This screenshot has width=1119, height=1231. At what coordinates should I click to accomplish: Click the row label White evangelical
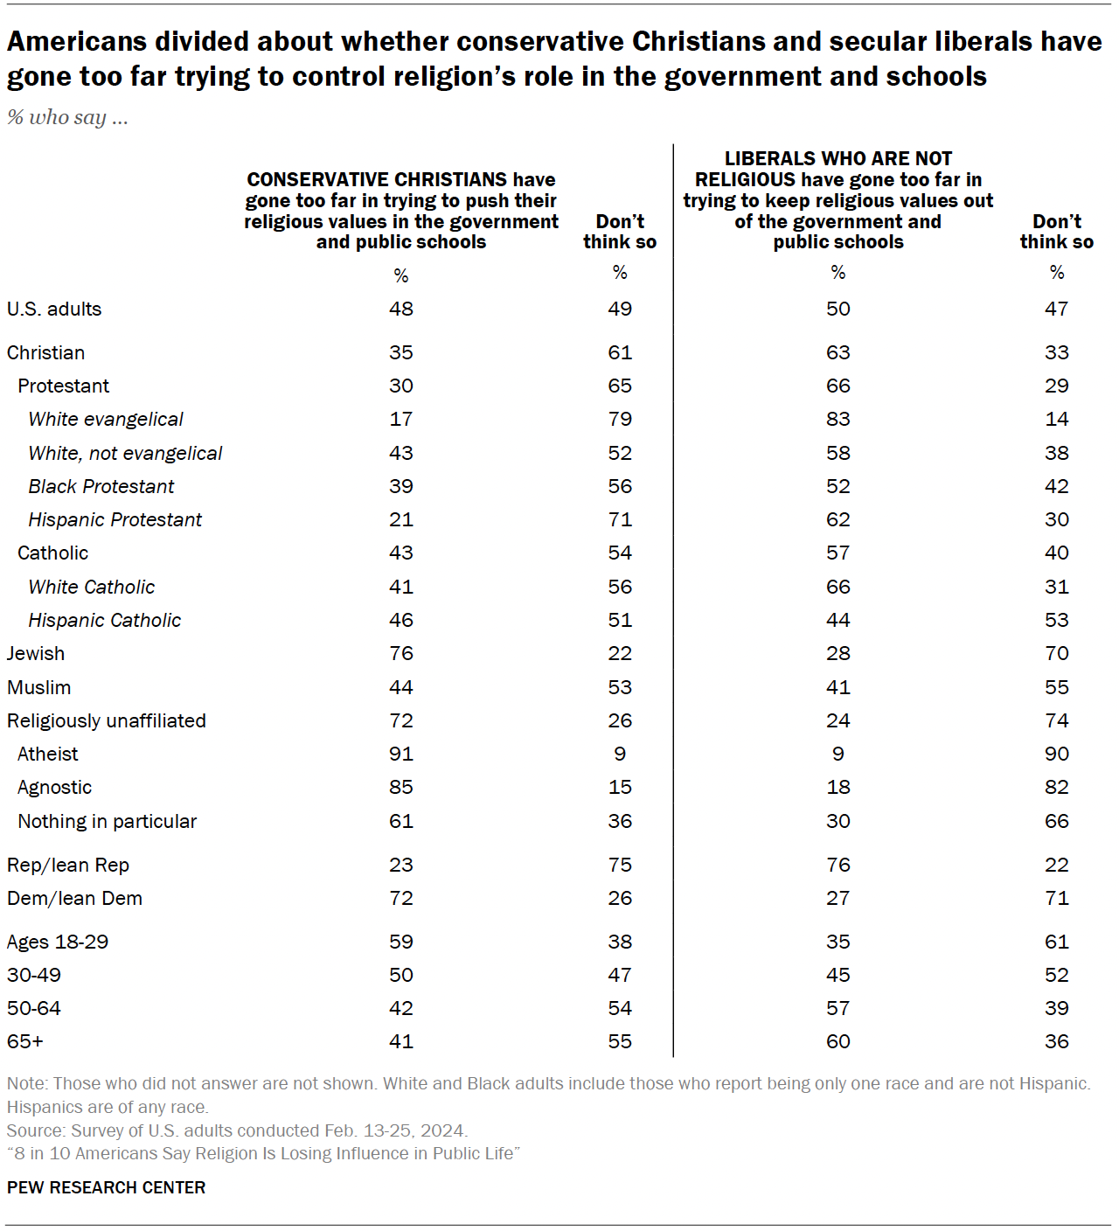click(106, 420)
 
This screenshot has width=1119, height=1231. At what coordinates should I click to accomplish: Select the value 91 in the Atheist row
click(401, 754)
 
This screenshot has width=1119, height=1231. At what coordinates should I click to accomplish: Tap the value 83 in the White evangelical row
click(838, 420)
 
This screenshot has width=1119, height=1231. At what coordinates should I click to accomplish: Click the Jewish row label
click(36, 654)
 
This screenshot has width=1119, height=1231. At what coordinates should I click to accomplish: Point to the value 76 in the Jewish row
click(401, 654)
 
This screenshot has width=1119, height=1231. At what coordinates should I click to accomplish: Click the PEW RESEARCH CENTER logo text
click(106, 1187)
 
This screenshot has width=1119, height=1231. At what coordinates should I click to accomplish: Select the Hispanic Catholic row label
click(105, 621)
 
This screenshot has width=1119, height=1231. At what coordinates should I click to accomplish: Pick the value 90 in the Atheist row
click(1056, 754)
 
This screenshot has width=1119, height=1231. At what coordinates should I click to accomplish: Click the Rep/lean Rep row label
click(68, 866)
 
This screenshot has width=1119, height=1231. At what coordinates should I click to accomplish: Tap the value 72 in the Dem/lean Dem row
click(401, 899)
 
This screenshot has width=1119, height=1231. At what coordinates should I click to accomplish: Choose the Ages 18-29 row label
click(58, 942)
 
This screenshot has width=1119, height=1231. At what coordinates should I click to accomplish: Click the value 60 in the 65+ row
click(838, 1042)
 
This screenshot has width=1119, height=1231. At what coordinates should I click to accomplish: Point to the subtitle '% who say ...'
click(67, 117)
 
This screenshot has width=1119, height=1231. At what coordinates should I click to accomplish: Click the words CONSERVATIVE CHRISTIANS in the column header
click(376, 179)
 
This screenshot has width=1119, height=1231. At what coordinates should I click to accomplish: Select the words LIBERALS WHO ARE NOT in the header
click(838, 158)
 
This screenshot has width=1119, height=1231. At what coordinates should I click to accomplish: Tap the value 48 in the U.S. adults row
click(401, 309)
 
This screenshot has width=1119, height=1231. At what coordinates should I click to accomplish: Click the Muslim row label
click(39, 688)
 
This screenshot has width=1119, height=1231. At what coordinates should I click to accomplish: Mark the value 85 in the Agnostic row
click(401, 788)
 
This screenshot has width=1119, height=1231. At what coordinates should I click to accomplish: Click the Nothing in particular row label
click(108, 822)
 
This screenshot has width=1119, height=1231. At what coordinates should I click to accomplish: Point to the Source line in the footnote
click(237, 1130)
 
